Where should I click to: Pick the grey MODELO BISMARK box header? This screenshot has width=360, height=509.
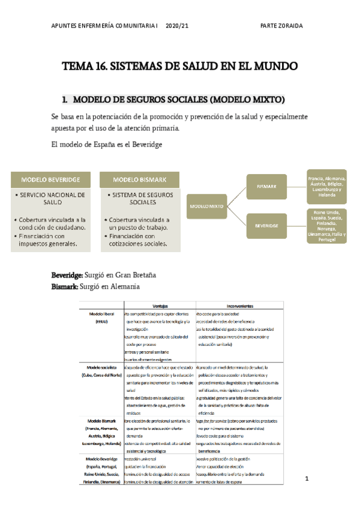[x=139, y=179]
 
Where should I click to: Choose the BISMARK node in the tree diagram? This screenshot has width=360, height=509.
[x=266, y=186]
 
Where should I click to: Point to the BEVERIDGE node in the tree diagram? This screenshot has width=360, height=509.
[x=266, y=226]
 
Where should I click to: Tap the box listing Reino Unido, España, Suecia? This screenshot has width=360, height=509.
[x=326, y=226]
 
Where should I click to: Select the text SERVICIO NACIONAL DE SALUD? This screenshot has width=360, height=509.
[x=52, y=199]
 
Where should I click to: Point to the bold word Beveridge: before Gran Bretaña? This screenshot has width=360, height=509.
[x=67, y=275]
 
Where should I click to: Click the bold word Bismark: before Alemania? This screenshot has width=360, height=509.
[x=65, y=287]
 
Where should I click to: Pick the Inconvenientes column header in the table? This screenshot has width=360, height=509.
[x=231, y=304]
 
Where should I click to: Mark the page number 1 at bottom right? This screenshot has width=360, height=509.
[x=306, y=478]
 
